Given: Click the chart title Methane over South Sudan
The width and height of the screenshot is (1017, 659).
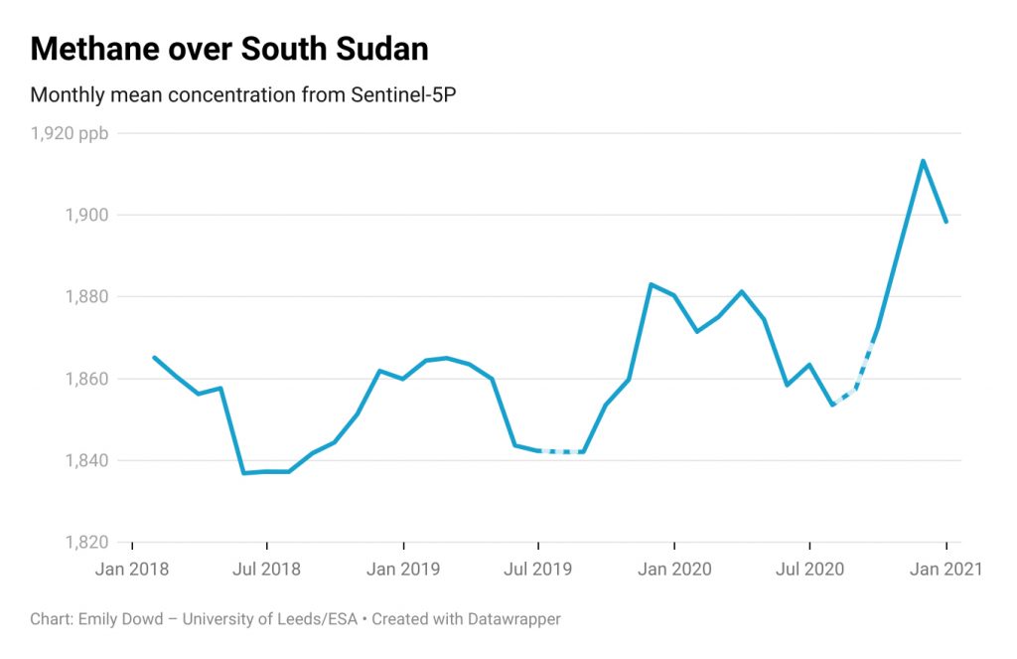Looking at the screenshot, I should (x=229, y=49).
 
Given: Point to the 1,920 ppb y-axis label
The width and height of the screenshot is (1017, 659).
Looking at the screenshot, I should (x=69, y=133).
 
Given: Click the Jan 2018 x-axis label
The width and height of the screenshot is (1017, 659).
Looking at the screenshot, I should (x=132, y=570).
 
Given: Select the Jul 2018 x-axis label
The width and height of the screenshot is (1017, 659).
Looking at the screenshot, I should (x=267, y=570).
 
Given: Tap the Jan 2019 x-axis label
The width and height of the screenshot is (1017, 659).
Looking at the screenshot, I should (x=403, y=570).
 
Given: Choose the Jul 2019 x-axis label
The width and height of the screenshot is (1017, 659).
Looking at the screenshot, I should (x=538, y=570).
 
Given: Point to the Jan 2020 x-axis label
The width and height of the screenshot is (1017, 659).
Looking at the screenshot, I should (x=674, y=570).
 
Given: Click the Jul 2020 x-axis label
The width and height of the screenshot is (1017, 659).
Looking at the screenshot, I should (x=809, y=570).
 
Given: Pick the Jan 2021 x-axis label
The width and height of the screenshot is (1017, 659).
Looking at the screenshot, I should (x=945, y=570).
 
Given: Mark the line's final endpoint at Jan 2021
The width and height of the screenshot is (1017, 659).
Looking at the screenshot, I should (x=945, y=221).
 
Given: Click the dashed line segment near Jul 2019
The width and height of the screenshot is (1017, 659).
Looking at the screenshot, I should (x=560, y=451).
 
